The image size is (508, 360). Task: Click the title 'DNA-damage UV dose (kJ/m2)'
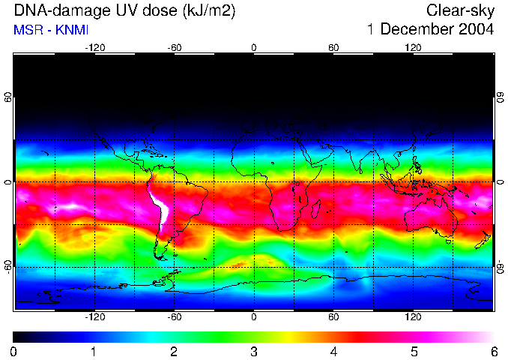point(123,11)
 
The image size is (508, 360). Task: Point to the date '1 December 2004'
point(430,31)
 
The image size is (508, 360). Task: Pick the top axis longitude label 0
point(254,47)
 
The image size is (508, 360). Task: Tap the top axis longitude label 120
point(413,47)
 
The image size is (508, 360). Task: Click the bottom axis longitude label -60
point(175,318)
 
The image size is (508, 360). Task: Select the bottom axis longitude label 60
point(333,318)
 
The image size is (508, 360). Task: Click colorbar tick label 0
point(14,351)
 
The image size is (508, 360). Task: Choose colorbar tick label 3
point(254,351)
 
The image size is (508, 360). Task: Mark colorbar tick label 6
point(493,351)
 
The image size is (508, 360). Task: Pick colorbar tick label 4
point(333,351)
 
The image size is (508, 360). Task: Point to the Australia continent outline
point(430,217)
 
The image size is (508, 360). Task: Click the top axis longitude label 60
point(333,47)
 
